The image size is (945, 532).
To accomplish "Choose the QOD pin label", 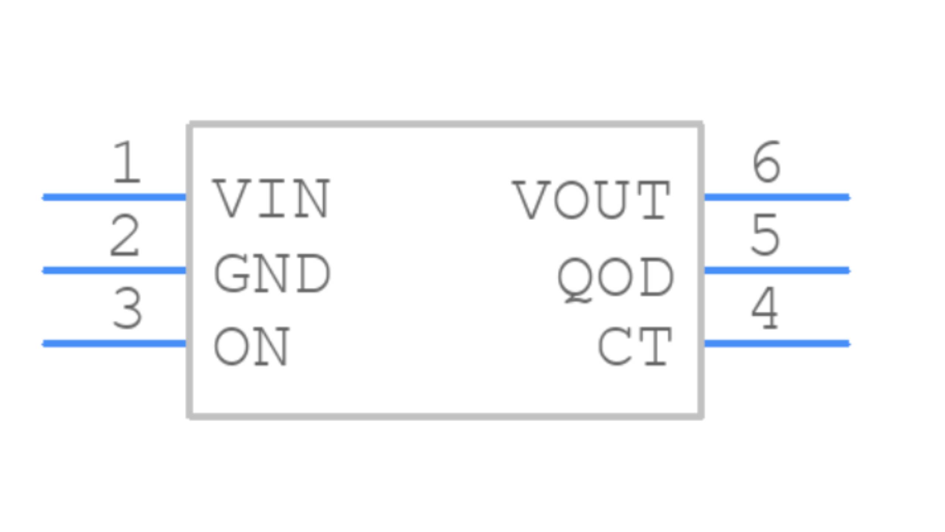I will [615, 278].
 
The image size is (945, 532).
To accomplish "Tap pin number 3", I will [127, 309].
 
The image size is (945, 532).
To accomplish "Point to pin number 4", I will [765, 309].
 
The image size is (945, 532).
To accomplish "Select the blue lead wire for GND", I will [114, 270].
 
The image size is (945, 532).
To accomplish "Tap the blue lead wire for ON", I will [114, 344].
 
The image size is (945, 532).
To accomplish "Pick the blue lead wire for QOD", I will [777, 270].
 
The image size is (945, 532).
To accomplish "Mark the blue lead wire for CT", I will [777, 344].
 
